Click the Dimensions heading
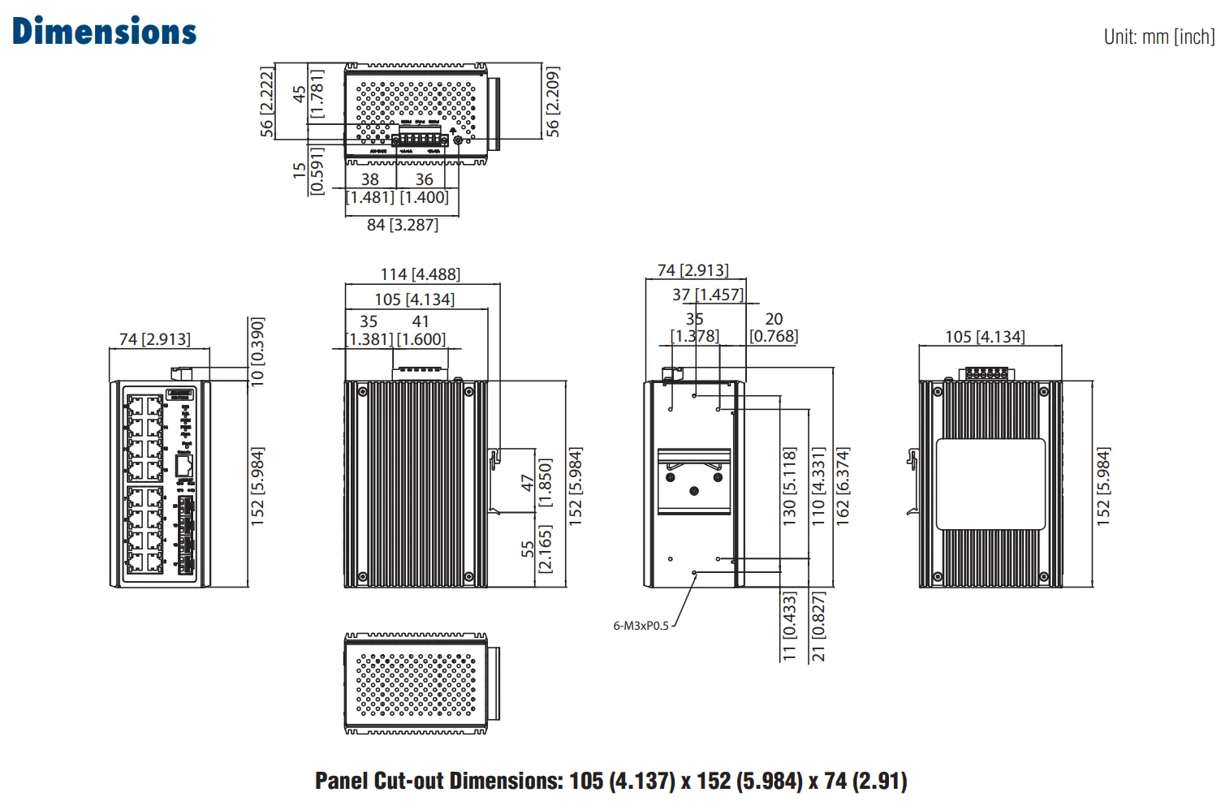pyautogui.click(x=105, y=32)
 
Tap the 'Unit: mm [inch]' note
pyautogui.click(x=1158, y=37)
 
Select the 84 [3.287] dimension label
pyautogui.click(x=403, y=225)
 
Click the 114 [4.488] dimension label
pyautogui.click(x=421, y=275)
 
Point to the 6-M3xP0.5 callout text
pyautogui.click(x=641, y=626)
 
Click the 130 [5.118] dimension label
pyautogui.click(x=789, y=487)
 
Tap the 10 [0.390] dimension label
pyautogui.click(x=257, y=351)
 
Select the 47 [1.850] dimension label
pyautogui.click(x=537, y=483)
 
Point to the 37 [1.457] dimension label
pyautogui.click(x=708, y=295)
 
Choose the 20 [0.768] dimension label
pyautogui.click(x=774, y=328)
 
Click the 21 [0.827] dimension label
pyautogui.click(x=818, y=627)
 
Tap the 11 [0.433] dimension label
pyautogui.click(x=789, y=627)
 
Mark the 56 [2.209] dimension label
pyautogui.click(x=553, y=101)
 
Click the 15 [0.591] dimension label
pyautogui.click(x=308, y=170)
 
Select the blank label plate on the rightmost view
pyautogui.click(x=990, y=484)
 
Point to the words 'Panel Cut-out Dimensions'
pyautogui.click(x=438, y=781)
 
